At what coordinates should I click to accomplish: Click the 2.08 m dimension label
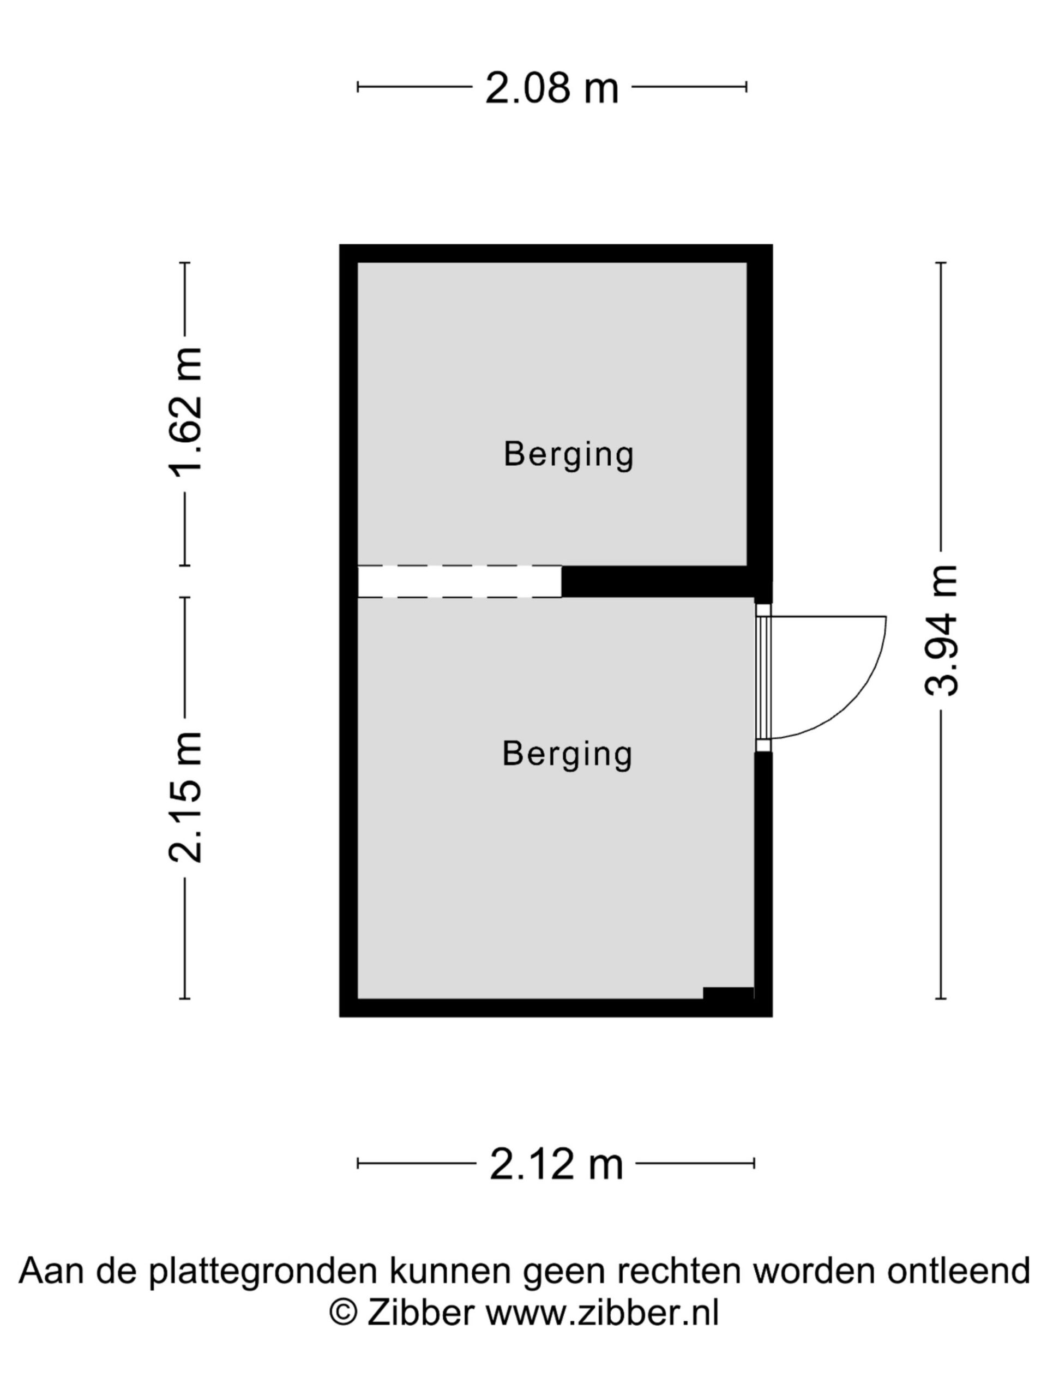click(552, 88)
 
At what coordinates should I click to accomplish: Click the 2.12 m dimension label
click(556, 1164)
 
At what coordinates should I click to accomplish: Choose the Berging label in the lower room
click(567, 754)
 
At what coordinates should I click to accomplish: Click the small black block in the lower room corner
click(729, 994)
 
